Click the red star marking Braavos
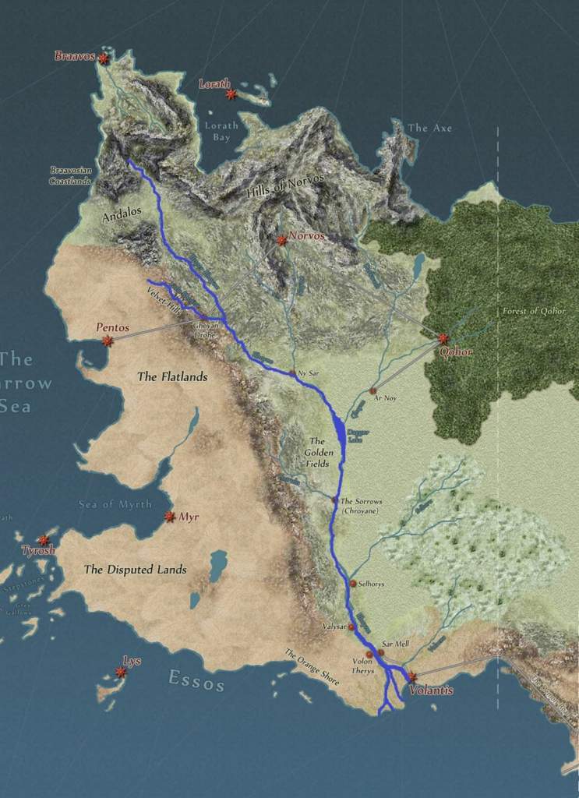[x=103, y=58]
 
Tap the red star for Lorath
[x=231, y=94]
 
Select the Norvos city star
[x=281, y=240]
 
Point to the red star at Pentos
[x=108, y=341]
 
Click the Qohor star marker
[x=443, y=338]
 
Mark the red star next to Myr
[x=169, y=517]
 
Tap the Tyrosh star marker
[x=43, y=540]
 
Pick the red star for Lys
[x=121, y=672]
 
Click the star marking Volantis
[x=411, y=677]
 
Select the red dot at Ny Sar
[x=292, y=373]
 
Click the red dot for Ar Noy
[x=372, y=390]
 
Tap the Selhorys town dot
[x=352, y=583]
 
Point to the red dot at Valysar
[x=351, y=627]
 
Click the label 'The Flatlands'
[x=172, y=377]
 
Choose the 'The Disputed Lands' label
[x=136, y=570]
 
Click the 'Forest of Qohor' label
[x=532, y=311]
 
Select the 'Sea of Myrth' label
[x=115, y=504]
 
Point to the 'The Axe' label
[x=429, y=128]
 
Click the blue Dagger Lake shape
[x=339, y=431]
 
